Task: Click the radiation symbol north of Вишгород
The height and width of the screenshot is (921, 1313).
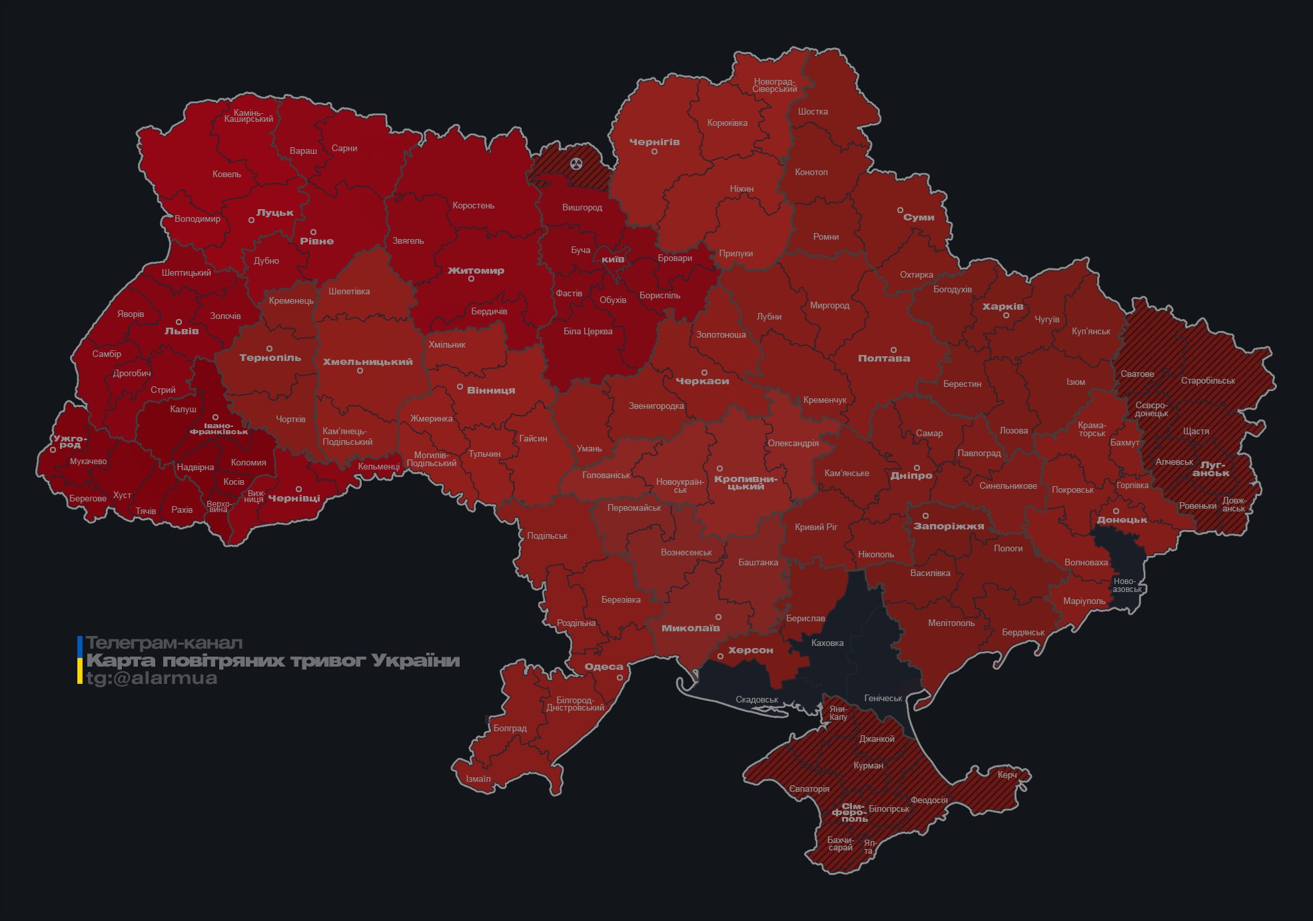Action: pyautogui.click(x=576, y=164)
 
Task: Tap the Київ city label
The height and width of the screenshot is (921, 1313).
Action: pyautogui.click(x=613, y=259)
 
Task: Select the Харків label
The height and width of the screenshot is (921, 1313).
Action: pyautogui.click(x=1003, y=307)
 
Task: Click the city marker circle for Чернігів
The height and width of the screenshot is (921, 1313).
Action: pyautogui.click(x=654, y=152)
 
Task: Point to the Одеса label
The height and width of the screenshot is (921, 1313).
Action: pyautogui.click(x=604, y=667)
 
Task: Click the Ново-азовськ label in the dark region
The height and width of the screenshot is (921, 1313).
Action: pyautogui.click(x=1126, y=585)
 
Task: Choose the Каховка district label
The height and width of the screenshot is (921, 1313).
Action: pyautogui.click(x=827, y=643)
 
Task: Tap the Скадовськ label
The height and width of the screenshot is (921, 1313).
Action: pyautogui.click(x=757, y=700)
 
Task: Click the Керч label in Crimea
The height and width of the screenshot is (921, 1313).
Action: pyautogui.click(x=1007, y=775)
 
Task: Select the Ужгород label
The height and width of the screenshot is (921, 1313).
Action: pyautogui.click(x=70, y=442)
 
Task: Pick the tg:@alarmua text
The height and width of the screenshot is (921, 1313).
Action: pyautogui.click(x=151, y=679)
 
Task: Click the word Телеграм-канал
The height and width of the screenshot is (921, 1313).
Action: pyautogui.click(x=164, y=643)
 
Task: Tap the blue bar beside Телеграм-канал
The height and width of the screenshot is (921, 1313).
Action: pyautogui.click(x=80, y=645)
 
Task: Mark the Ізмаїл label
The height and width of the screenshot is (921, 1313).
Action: pyautogui.click(x=478, y=779)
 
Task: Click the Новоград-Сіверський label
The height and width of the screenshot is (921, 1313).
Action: pyautogui.click(x=774, y=85)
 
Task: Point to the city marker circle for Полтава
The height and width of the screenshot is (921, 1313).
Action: pyautogui.click(x=893, y=350)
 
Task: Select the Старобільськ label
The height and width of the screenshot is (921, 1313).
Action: pyautogui.click(x=1208, y=381)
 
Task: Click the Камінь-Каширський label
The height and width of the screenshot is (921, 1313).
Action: pyautogui.click(x=248, y=116)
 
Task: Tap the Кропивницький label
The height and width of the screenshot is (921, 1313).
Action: pyautogui.click(x=745, y=483)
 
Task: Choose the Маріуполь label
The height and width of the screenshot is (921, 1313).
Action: pyautogui.click(x=1084, y=601)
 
